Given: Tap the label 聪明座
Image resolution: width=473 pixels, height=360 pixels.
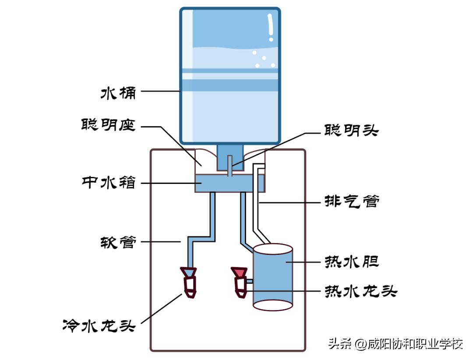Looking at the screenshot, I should [x=109, y=125].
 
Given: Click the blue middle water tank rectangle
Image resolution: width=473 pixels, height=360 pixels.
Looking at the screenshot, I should [x=230, y=183].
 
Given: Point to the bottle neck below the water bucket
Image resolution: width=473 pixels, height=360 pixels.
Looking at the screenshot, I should [x=230, y=158].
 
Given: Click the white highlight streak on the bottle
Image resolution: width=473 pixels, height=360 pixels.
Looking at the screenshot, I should [x=271, y=27].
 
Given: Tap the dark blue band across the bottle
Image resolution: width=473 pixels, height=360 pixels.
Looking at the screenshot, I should [x=230, y=85].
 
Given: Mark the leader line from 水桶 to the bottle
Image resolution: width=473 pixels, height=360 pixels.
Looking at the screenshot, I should [x=160, y=91].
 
